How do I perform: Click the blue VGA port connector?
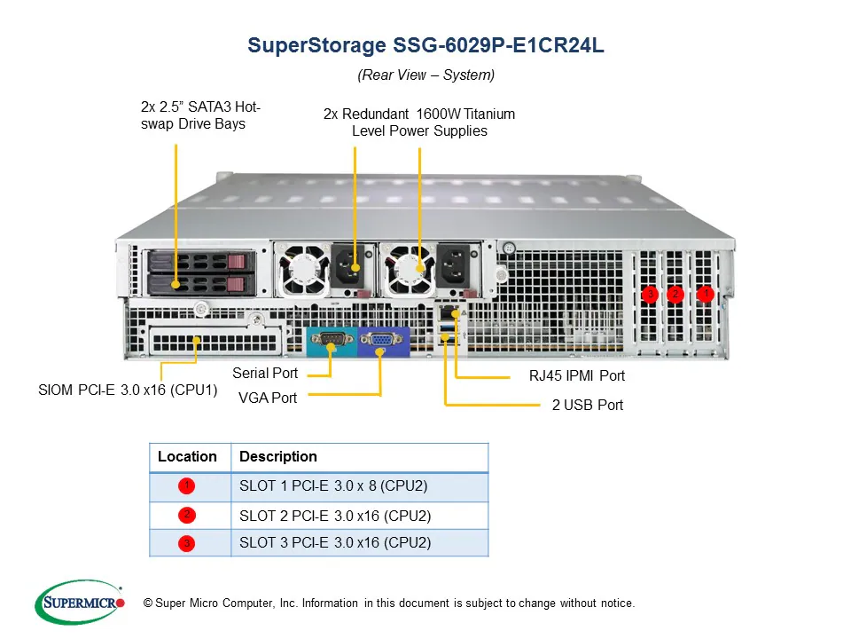(x=381, y=341)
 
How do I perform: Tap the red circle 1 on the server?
(x=706, y=293)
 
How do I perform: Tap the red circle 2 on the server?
(x=675, y=294)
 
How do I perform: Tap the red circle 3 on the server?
(x=650, y=294)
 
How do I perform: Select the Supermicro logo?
(x=80, y=603)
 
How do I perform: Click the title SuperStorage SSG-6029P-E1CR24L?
(x=425, y=46)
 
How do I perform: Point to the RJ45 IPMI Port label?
(x=576, y=375)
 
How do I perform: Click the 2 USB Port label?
(x=587, y=405)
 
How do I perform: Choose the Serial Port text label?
(x=265, y=373)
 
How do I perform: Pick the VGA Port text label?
(x=268, y=398)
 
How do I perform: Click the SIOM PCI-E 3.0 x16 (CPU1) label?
(x=128, y=390)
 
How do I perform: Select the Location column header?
(x=187, y=456)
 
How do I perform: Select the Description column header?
(x=278, y=456)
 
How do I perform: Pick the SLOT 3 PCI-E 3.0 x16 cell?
(x=335, y=542)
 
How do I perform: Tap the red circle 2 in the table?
(x=186, y=515)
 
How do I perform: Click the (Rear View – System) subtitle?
(x=425, y=75)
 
